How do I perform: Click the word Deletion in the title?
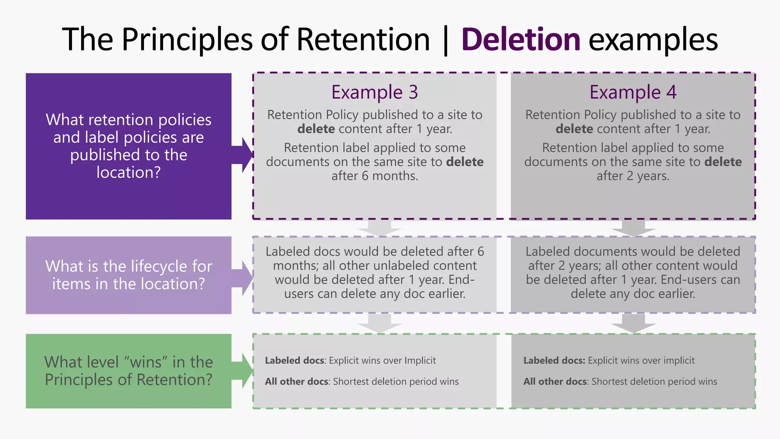tap(520, 40)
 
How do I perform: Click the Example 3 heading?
tap(374, 92)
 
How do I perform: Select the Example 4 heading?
tap(633, 92)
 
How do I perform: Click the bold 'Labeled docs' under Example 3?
tap(294, 360)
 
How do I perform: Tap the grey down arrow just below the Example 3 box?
tap(379, 228)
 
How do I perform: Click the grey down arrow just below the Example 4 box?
tap(633, 228)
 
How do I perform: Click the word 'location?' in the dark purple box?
tap(128, 173)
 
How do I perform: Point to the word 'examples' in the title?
tap(653, 40)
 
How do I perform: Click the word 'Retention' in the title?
tap(363, 40)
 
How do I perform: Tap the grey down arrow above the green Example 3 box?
tap(379, 323)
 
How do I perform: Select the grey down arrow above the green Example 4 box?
tap(633, 323)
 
